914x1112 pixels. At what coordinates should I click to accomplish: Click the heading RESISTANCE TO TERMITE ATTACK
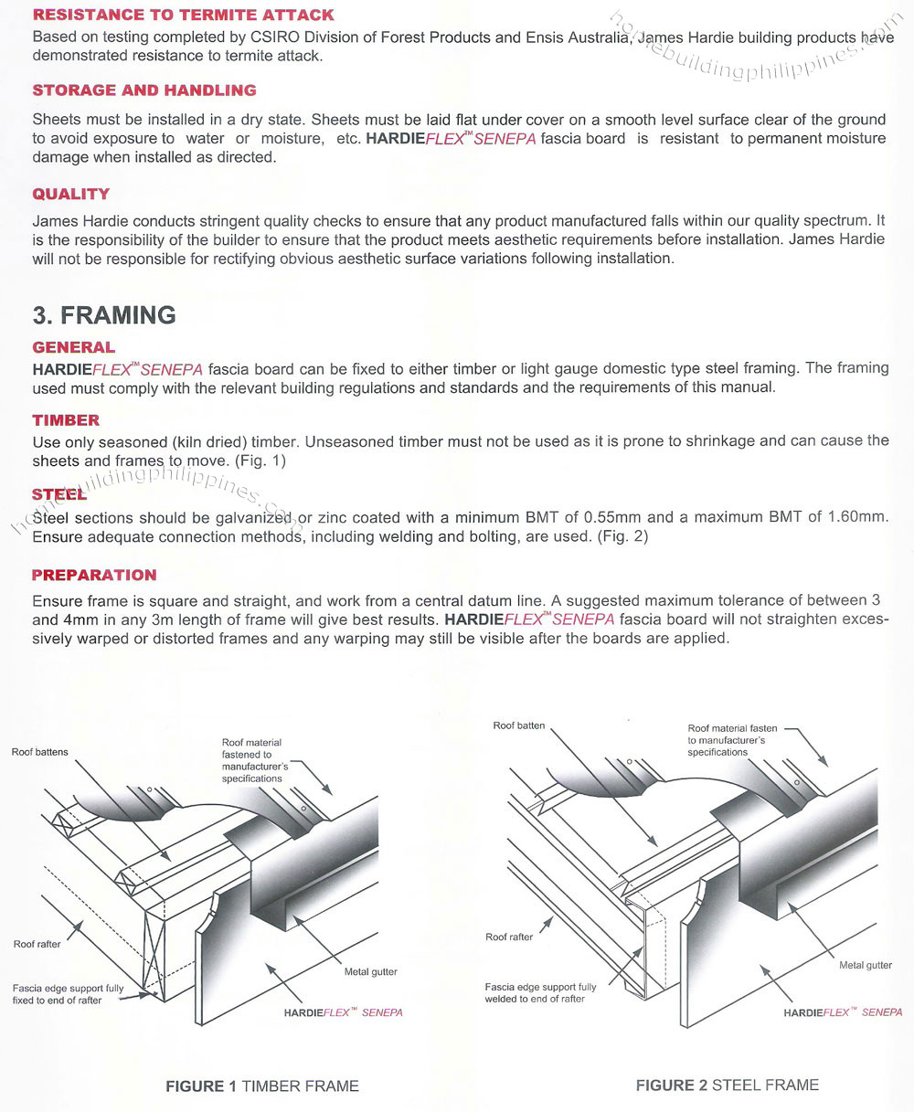[183, 16]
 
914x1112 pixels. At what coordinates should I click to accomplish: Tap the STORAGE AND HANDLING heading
[144, 90]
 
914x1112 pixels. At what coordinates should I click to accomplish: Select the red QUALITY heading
[71, 194]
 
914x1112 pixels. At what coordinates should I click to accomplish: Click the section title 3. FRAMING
[104, 315]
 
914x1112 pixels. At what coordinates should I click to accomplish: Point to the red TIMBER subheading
[66, 420]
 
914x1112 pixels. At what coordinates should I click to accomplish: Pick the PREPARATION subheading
[94, 575]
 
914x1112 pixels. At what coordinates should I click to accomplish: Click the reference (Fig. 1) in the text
[260, 461]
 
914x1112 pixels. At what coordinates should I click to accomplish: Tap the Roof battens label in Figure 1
[39, 752]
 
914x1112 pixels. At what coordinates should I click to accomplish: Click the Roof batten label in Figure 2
[518, 725]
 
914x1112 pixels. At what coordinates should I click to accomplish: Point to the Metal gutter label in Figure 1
[371, 971]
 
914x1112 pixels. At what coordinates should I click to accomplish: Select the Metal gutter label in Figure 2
[866, 965]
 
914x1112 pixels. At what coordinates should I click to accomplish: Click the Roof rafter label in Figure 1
[37, 944]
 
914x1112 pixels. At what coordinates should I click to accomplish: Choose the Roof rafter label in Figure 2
[509, 937]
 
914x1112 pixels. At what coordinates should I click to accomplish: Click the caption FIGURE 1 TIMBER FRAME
[261, 1086]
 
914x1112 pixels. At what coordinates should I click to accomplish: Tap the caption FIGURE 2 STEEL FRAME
[727, 1086]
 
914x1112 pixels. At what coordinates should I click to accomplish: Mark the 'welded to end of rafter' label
[535, 999]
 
